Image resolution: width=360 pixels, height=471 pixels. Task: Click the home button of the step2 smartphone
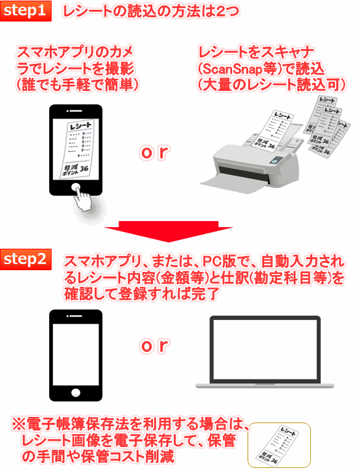[x=76, y=392]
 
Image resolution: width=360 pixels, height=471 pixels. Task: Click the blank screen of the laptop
[x=265, y=351]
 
